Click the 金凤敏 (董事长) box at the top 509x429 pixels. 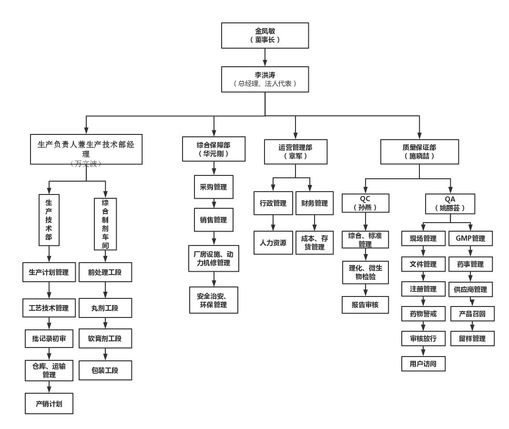click(265, 35)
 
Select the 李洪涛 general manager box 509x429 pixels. click(265, 79)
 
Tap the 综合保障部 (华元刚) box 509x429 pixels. click(214, 149)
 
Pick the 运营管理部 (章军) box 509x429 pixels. click(295, 152)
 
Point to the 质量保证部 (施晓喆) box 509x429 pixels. click(420, 152)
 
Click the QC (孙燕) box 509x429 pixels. click(365, 203)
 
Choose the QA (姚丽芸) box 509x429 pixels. click(450, 203)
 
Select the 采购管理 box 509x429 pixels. click(214, 187)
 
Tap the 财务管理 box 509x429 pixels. click(315, 203)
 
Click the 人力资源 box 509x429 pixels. click(273, 242)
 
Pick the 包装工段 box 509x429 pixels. click(105, 370)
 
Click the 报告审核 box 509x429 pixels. click(365, 305)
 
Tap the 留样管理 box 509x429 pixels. click(472, 338)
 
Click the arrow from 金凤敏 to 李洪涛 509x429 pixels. click(265, 57)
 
